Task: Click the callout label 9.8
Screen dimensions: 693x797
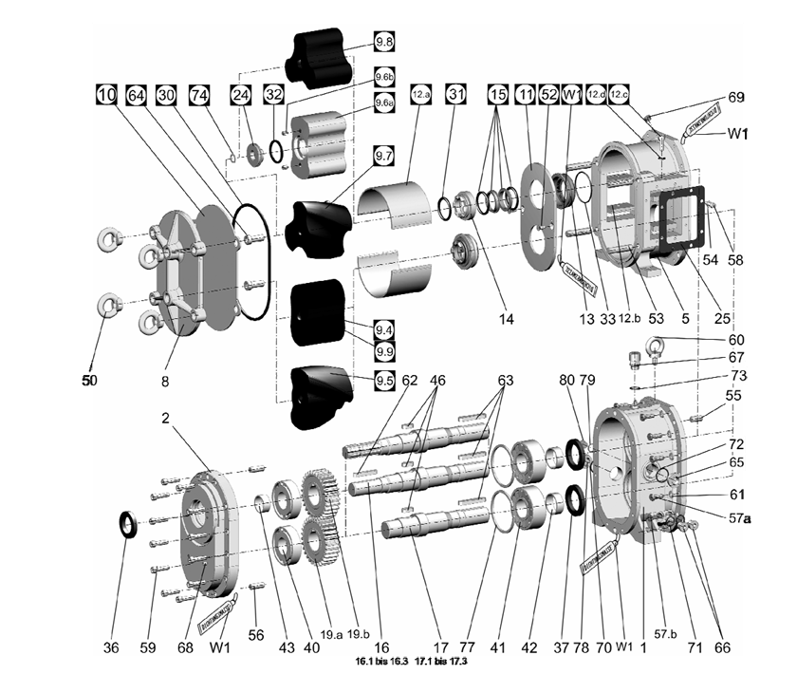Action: [x=384, y=43]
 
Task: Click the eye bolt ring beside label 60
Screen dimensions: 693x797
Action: [x=656, y=346]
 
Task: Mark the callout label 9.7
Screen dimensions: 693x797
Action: [x=384, y=180]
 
